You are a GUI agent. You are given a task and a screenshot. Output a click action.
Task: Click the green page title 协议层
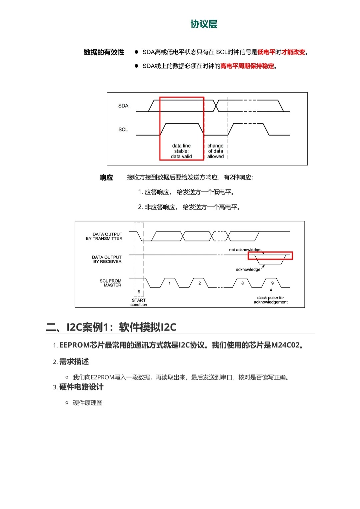[x=204, y=24]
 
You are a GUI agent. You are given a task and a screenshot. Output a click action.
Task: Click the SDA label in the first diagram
[x=123, y=106]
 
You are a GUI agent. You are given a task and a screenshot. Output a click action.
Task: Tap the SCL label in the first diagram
[x=123, y=130]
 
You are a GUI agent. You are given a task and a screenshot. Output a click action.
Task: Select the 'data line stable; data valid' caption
[x=181, y=151]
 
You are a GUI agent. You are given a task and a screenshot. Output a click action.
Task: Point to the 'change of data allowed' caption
[x=215, y=151]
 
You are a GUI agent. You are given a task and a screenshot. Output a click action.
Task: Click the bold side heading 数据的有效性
[x=104, y=52]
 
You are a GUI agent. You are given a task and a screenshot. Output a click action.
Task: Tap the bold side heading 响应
[x=106, y=178]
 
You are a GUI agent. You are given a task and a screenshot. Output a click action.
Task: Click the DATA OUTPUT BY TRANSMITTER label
[x=104, y=237]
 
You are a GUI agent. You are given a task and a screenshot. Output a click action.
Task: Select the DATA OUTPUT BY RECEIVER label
[x=107, y=259]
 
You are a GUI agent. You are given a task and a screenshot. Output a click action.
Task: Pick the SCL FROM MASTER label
[x=111, y=283]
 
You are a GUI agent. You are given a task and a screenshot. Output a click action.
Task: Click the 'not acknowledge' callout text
[x=245, y=250]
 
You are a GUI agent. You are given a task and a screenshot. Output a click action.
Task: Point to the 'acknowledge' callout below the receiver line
[x=248, y=269]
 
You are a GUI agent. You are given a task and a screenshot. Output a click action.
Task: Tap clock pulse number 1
[x=170, y=283]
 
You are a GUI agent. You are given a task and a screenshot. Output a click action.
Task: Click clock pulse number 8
[x=242, y=283]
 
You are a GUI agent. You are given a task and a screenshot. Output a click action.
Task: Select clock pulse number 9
[x=272, y=283]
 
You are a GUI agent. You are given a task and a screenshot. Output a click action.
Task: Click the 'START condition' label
[x=139, y=302]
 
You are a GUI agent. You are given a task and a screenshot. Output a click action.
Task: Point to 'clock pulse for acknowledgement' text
[x=270, y=300]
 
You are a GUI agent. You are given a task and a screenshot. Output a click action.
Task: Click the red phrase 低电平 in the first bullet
[x=266, y=52]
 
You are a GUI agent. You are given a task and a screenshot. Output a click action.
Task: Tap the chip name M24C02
[x=285, y=345]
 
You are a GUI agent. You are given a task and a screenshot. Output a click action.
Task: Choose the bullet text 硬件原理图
[x=88, y=403]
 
